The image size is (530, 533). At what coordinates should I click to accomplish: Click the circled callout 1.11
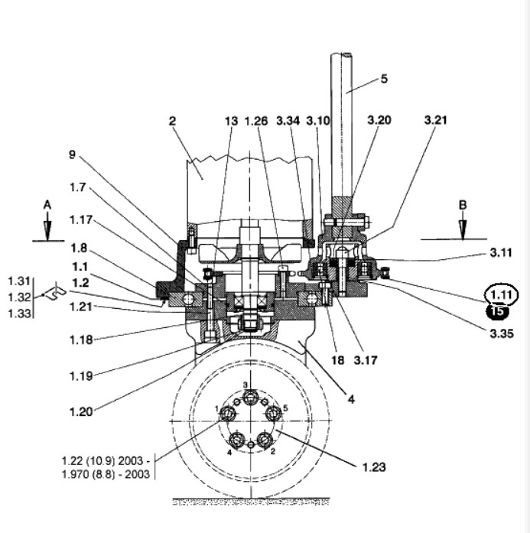(x=502, y=294)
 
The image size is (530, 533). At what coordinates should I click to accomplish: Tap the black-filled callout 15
(x=497, y=311)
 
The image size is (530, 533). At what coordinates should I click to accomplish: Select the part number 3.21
(x=435, y=120)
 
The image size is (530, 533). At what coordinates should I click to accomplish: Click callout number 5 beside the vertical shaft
(x=384, y=79)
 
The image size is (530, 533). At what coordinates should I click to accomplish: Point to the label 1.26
(x=256, y=121)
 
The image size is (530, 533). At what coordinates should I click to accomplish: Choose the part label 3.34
(x=288, y=121)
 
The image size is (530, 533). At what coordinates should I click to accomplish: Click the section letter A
(x=47, y=205)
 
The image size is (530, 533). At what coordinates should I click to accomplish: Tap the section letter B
(x=463, y=205)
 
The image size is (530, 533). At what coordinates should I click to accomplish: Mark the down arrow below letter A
(x=47, y=226)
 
